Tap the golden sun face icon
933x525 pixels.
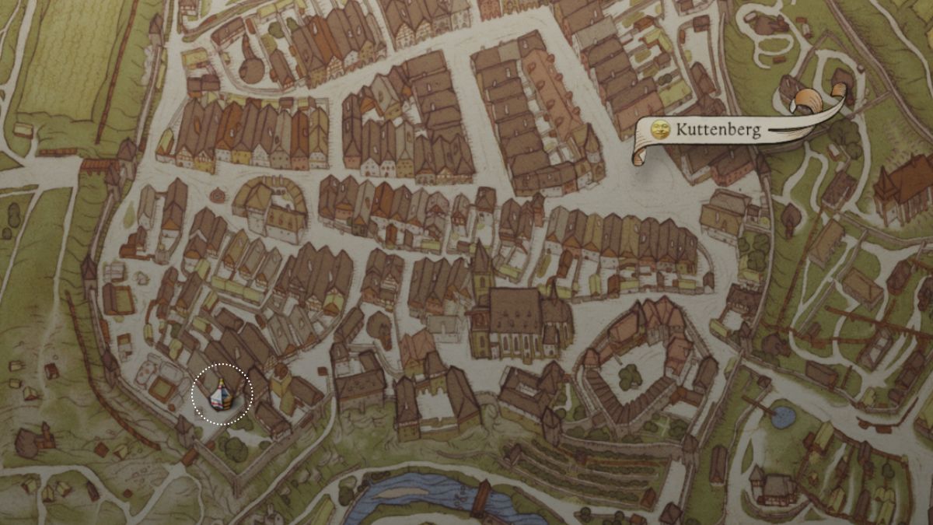[660, 129]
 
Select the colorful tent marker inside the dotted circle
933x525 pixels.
[221, 395]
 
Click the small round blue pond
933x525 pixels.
[783, 418]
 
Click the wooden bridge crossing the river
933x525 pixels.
[481, 499]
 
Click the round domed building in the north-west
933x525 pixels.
[251, 69]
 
